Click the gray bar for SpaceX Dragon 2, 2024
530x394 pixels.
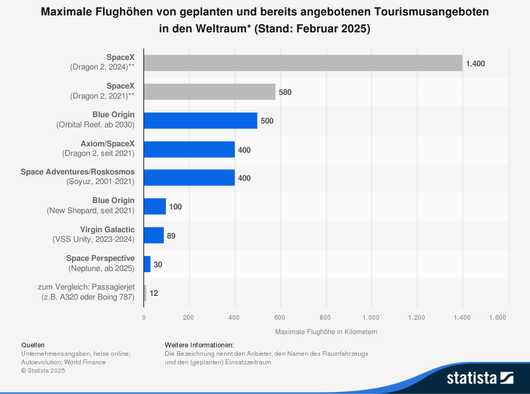[x=303, y=63]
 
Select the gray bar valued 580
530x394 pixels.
[x=209, y=92]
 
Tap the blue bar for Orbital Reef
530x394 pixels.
[x=200, y=120]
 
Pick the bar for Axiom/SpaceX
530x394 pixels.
[x=189, y=150]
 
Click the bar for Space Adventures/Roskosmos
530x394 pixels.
[x=189, y=178]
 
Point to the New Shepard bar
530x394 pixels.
[x=155, y=206]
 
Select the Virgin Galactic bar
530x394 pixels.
[x=154, y=235]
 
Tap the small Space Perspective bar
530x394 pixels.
[x=147, y=264]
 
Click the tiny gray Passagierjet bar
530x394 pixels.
[x=145, y=293]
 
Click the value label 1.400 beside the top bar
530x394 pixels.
[x=475, y=64]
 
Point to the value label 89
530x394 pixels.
[x=171, y=235]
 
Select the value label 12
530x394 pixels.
[x=154, y=293]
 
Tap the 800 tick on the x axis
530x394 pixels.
[x=325, y=318]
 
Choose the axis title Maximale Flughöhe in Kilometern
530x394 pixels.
[x=326, y=331]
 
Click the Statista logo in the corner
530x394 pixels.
[x=480, y=378]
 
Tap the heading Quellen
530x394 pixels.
[x=33, y=345]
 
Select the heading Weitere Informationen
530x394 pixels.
[x=199, y=345]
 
